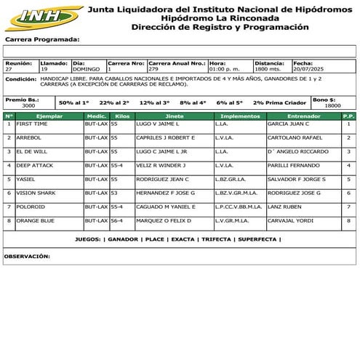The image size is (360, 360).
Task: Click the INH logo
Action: pos(42,16)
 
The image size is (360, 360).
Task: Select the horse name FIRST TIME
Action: pos(32,124)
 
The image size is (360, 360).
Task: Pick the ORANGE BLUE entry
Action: pos(36,220)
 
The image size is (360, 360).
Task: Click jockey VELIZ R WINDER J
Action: pos(161,165)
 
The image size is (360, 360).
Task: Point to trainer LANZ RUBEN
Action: pos(284,207)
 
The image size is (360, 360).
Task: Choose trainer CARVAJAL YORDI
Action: pos(292,220)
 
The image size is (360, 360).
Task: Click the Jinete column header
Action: pos(174,116)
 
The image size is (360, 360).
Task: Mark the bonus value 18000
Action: pos(332,105)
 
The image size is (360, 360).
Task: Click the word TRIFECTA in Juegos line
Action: pos(216,239)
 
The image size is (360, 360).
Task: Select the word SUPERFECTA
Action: pos(257,239)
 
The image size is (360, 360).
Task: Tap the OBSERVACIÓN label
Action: pos(27,256)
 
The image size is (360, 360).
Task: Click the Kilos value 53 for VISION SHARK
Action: pos(114,193)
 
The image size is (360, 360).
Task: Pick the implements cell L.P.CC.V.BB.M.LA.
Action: pos(239,207)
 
